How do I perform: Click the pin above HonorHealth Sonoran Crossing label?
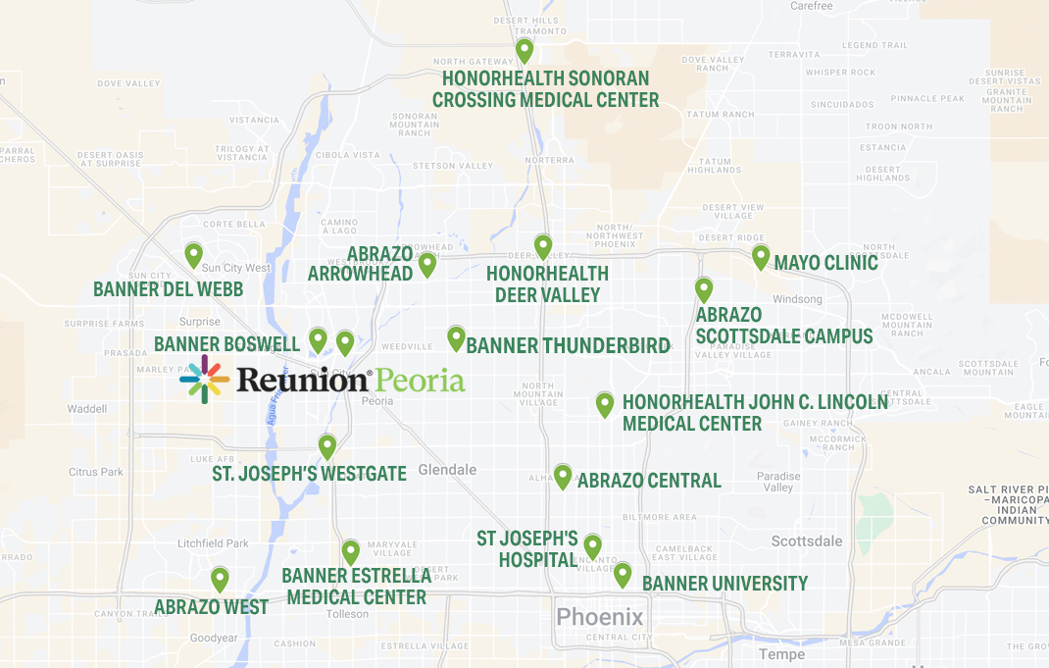pos(524,50)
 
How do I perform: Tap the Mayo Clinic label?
pos(825,263)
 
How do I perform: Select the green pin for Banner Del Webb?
pos(194,255)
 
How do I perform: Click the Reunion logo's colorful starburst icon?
pos(205,380)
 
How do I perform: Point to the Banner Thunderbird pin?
pos(456,337)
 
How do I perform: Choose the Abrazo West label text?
pos(211,607)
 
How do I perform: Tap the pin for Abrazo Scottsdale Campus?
pos(703,289)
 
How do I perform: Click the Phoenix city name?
pos(600,617)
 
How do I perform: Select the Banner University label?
pos(724,584)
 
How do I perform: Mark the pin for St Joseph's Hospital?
pos(592,545)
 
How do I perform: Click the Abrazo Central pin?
pos(562,476)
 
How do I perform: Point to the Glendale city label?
pos(447,470)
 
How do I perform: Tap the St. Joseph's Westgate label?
pos(309,475)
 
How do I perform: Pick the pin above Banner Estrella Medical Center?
pos(350,551)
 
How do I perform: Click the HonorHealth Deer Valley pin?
pos(542,246)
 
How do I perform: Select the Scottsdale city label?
pos(806,541)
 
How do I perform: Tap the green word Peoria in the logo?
pos(421,380)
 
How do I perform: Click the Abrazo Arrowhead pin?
pos(426,264)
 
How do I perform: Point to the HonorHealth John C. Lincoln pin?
pos(605,403)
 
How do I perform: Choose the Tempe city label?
pos(781,654)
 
